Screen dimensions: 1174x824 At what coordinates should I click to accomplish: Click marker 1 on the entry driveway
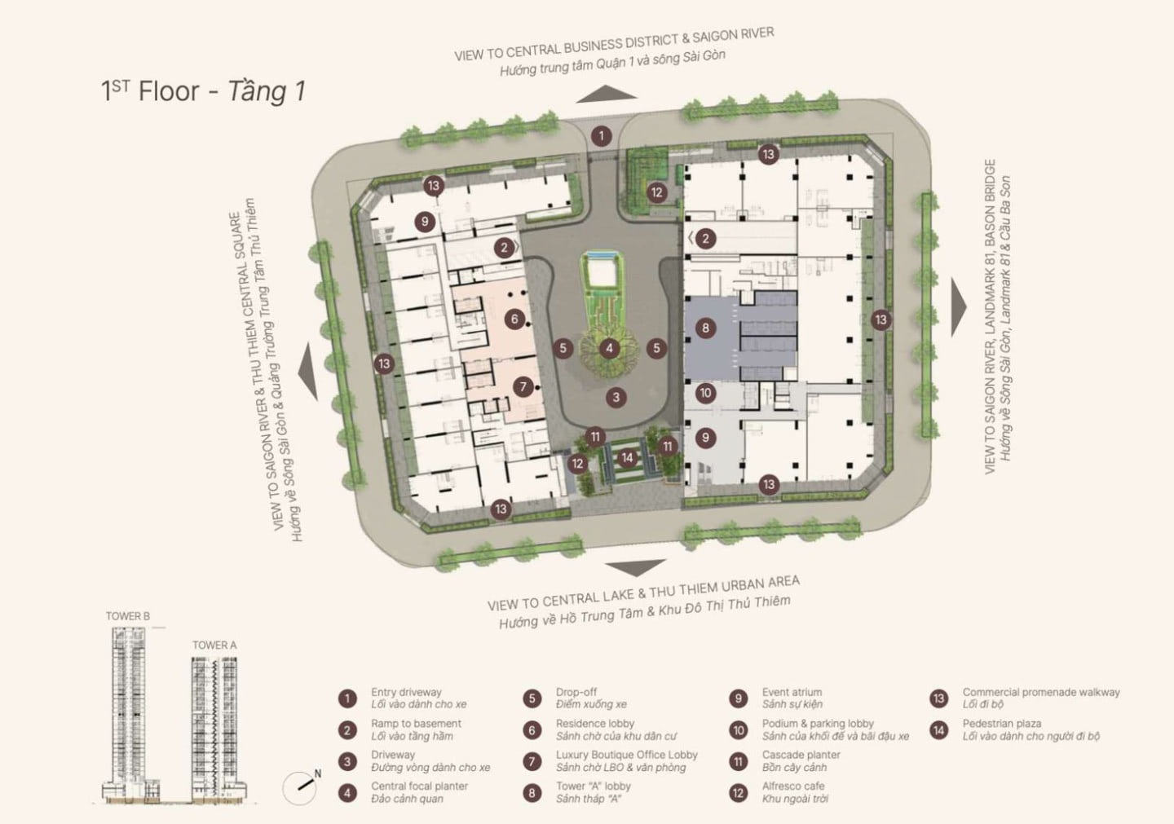pos(601,136)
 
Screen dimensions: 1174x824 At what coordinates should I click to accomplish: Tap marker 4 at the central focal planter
pos(609,348)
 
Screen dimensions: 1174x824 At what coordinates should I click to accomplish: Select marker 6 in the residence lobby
pos(514,319)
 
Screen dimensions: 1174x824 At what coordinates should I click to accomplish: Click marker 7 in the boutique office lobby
pos(523,387)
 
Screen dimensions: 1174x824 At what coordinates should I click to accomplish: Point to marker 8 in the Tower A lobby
pos(705,328)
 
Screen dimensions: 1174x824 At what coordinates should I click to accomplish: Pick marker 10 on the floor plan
pos(705,393)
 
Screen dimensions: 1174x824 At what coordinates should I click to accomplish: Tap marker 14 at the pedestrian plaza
pos(627,458)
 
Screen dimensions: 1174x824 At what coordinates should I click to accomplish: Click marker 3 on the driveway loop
pos(616,397)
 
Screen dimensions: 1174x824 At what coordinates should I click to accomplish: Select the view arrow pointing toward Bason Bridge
pos(959,307)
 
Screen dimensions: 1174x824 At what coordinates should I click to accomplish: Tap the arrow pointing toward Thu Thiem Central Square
pos(308,371)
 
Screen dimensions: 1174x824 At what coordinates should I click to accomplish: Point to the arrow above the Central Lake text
pos(635,568)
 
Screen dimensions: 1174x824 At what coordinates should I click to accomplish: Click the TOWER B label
pos(128,616)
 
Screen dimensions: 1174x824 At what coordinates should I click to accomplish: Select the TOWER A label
pos(214,645)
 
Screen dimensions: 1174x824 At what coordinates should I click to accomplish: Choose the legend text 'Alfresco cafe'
pos(793,786)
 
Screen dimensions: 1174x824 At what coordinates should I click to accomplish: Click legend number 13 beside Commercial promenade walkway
pos(938,698)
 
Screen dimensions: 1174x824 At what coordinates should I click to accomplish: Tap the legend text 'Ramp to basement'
pos(416,724)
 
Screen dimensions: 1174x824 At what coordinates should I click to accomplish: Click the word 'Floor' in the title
pos(169,91)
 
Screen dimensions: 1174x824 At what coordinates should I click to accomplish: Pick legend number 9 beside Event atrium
pos(738,698)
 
